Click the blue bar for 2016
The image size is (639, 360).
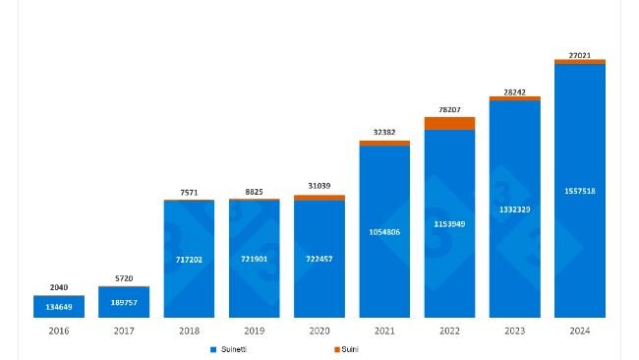[x=59, y=306]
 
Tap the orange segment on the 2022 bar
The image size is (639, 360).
[x=449, y=123]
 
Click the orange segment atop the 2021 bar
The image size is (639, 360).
[x=384, y=144]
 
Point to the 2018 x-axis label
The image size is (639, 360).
[x=189, y=331]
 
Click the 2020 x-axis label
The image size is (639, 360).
[x=319, y=331]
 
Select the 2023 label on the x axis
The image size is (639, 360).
[x=515, y=331]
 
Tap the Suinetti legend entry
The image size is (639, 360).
[x=232, y=349]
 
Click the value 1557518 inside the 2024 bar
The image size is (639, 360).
[x=580, y=191]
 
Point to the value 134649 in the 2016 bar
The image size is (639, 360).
[x=59, y=308]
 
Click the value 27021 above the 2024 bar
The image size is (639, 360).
[x=580, y=56]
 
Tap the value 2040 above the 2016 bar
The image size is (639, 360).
[x=59, y=287]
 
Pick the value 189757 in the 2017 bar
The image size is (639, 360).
[x=124, y=303]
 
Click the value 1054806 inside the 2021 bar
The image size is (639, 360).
[x=384, y=231]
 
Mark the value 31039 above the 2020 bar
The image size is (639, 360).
[x=319, y=188]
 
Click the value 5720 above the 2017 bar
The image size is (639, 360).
[x=124, y=279]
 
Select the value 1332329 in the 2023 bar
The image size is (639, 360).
[x=515, y=210]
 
